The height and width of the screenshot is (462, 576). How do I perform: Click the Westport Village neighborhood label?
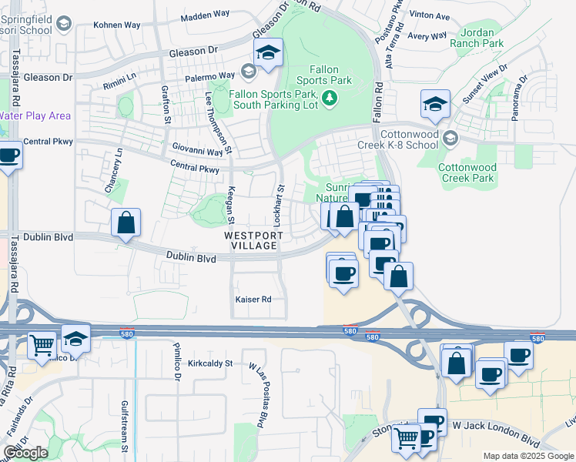coord(253,239)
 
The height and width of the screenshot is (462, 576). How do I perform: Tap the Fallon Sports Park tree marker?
coord(330,98)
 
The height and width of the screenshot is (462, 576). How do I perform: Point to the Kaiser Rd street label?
coord(253,299)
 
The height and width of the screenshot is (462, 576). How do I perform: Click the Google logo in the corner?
coord(25,453)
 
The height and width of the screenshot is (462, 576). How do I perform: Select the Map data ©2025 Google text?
coord(527,456)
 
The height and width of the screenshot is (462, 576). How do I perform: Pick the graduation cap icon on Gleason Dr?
coord(268,52)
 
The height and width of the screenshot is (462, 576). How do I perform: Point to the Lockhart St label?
coord(280,199)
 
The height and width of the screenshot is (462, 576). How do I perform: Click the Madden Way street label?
coord(205,17)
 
